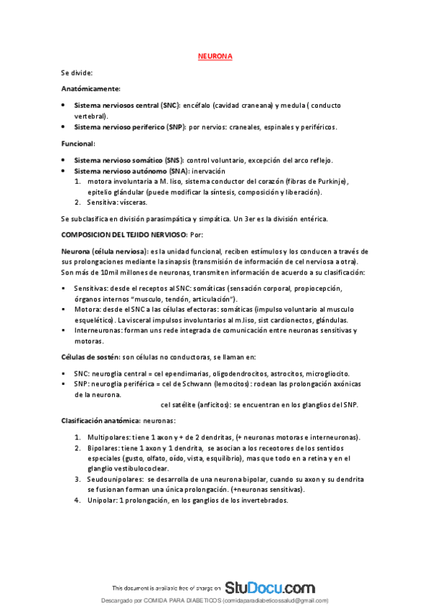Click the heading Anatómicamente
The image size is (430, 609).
tap(90, 88)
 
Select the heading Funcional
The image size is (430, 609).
tap(78, 144)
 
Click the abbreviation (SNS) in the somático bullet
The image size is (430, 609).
tap(174, 159)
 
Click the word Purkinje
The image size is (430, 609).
tap(329, 182)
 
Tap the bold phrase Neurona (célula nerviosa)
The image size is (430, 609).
tap(103, 251)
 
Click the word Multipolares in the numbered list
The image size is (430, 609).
tap(107, 437)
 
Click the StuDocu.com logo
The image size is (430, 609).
tap(269, 587)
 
